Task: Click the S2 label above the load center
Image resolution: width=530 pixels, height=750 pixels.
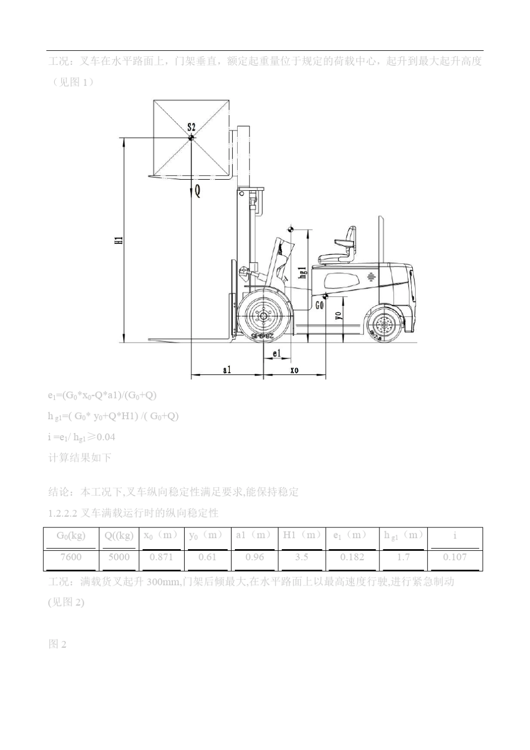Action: pyautogui.click(x=191, y=127)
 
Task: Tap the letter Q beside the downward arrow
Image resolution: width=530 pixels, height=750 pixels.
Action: pyautogui.click(x=197, y=191)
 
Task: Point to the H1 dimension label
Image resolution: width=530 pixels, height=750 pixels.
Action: pyautogui.click(x=119, y=240)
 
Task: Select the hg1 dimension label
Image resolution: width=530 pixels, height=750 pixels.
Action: pyautogui.click(x=303, y=272)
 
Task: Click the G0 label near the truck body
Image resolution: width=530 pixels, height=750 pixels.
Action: pyautogui.click(x=320, y=305)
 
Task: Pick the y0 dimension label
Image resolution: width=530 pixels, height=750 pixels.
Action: pyautogui.click(x=339, y=315)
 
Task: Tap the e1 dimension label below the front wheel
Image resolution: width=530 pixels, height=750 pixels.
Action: pyautogui.click(x=277, y=353)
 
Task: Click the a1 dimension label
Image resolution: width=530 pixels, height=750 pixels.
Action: pyautogui.click(x=227, y=369)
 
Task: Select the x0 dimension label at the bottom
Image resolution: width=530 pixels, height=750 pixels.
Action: pyautogui.click(x=295, y=370)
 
